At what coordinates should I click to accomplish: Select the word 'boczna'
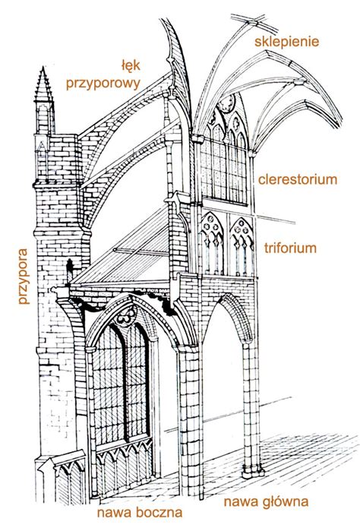click(x=159, y=513)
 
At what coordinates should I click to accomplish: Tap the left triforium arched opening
click(x=210, y=247)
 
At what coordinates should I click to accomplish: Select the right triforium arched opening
click(x=242, y=247)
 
